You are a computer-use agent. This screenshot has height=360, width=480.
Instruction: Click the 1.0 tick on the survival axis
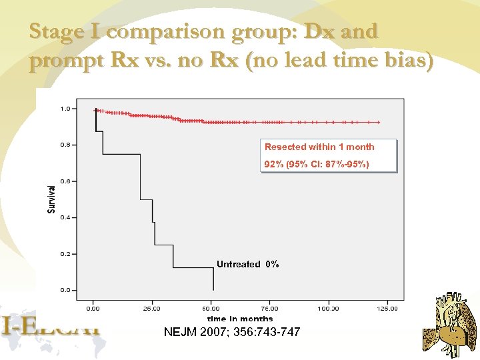(65, 108)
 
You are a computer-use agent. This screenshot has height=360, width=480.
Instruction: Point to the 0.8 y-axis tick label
(65, 145)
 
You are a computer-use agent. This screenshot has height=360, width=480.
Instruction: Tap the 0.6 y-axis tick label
(65, 181)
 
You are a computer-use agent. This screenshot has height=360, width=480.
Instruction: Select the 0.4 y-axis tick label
(65, 217)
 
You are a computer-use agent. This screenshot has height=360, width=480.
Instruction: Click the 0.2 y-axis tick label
(65, 254)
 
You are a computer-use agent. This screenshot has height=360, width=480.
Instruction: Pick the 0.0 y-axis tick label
(65, 290)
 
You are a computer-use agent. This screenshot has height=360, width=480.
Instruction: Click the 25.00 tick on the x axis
(152, 309)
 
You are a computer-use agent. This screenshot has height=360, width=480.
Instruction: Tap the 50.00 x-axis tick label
(211, 309)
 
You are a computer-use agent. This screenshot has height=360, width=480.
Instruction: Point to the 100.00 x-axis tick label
(328, 309)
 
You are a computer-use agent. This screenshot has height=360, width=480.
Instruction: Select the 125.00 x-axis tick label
(387, 309)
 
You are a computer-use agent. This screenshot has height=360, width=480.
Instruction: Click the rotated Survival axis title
(52, 199)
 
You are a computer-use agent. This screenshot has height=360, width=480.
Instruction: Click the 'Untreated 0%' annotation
(247, 265)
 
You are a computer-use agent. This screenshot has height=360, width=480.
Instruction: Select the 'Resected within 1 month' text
(319, 147)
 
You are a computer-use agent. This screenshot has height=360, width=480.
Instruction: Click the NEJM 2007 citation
(232, 332)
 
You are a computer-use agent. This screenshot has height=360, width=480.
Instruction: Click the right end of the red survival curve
(379, 123)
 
